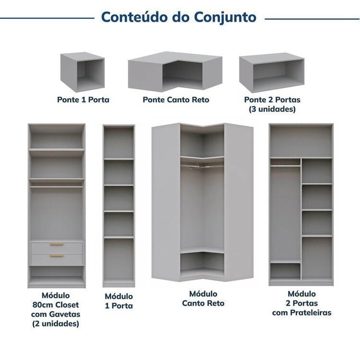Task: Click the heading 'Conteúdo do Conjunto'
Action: (179, 17)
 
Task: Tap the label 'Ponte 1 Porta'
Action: (83, 100)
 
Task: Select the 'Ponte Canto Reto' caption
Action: (176, 100)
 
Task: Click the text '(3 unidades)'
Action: (272, 109)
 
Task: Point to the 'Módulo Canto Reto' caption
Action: (203, 298)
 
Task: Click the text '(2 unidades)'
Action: (55, 324)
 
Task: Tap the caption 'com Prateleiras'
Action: (302, 313)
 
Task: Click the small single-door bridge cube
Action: (82, 72)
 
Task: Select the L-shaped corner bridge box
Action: (175, 71)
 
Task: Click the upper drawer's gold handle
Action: (57, 244)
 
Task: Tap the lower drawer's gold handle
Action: (57, 256)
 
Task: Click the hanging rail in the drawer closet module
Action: (57, 187)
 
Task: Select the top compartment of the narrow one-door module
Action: (119, 142)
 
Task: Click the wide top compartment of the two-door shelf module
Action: (301, 141)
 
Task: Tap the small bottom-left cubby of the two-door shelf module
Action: (285, 271)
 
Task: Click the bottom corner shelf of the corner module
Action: (202, 264)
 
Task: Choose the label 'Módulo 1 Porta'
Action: (119, 301)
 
